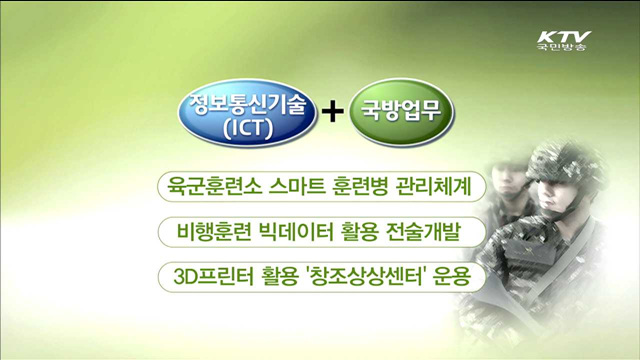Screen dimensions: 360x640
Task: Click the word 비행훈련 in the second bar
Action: (208, 230)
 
